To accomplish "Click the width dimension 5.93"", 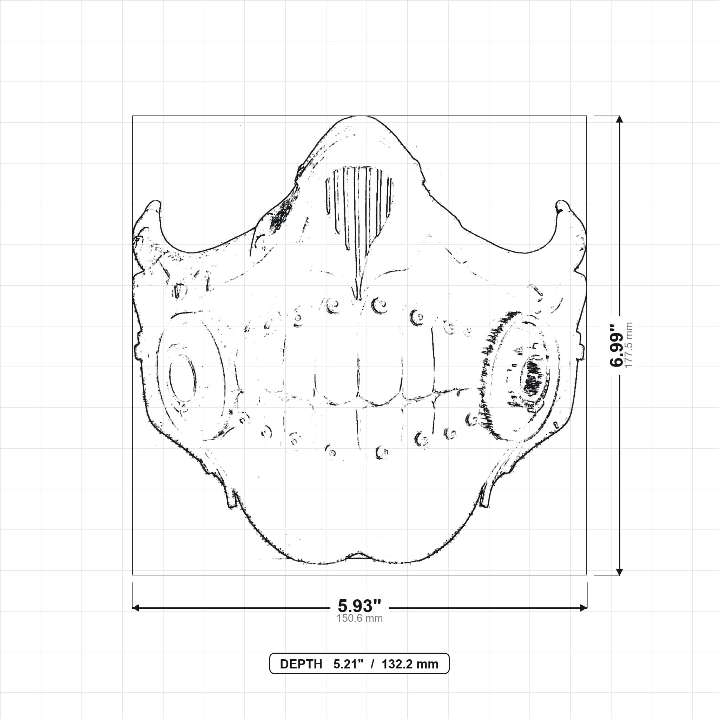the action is click(359, 606).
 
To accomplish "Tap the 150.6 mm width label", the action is click(359, 619).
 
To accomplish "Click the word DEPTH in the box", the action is click(301, 664).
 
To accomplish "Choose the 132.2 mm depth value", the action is click(410, 664).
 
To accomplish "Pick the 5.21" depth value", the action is click(348, 664).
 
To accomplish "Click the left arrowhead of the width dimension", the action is click(136, 608).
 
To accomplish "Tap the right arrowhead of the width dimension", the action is click(583, 608).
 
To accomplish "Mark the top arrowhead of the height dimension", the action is click(619, 119).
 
